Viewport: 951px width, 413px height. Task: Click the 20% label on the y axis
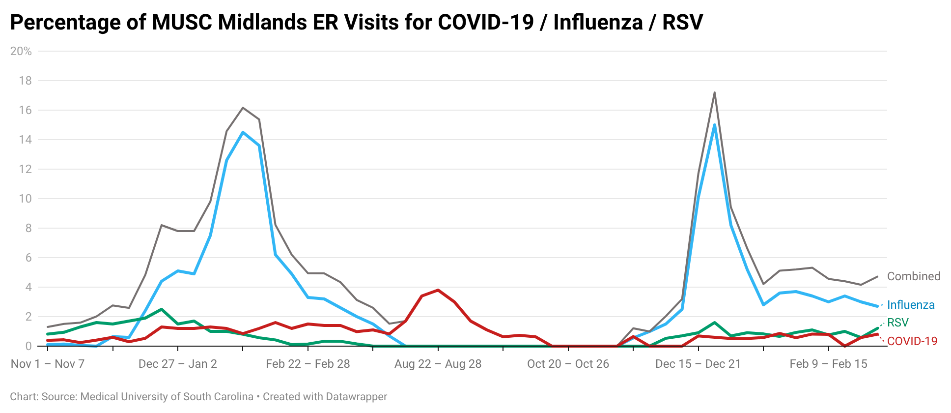click(x=21, y=51)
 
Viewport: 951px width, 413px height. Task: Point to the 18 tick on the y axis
click(x=25, y=81)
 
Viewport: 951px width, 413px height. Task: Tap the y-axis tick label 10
click(x=25, y=199)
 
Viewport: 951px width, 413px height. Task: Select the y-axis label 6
click(x=28, y=258)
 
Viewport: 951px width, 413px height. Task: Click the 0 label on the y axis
click(x=28, y=346)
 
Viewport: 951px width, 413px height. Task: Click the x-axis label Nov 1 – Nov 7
click(x=48, y=364)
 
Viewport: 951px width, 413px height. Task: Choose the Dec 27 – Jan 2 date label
click(x=178, y=364)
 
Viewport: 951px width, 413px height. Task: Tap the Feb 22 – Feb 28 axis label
click(x=308, y=364)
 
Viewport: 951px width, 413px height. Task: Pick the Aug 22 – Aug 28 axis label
click(x=438, y=364)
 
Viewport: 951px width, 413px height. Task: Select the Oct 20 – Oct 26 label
click(x=568, y=364)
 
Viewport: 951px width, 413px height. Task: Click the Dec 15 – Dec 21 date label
click(x=698, y=364)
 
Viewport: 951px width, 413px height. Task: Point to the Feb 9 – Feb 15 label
click(x=828, y=364)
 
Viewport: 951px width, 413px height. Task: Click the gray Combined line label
click(x=914, y=276)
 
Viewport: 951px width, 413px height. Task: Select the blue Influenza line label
click(x=911, y=305)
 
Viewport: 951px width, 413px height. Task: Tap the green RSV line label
click(x=898, y=323)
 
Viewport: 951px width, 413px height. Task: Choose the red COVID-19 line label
click(x=912, y=341)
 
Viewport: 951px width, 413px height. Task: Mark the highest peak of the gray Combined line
click(x=714, y=92)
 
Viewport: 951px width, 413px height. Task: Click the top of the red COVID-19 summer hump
click(x=438, y=290)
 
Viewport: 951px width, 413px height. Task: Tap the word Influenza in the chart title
click(x=598, y=22)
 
